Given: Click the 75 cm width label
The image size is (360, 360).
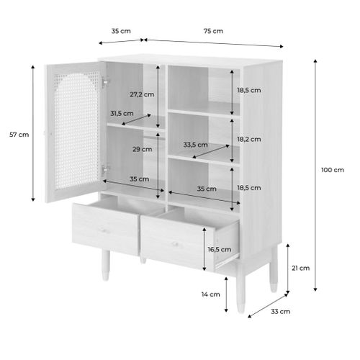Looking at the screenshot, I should [213, 31].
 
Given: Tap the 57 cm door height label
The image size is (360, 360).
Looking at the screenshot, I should [19, 135].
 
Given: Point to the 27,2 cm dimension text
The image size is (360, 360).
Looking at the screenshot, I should [142, 94].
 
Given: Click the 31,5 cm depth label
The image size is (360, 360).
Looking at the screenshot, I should [122, 113].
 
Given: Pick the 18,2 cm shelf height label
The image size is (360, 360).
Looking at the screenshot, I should [250, 139].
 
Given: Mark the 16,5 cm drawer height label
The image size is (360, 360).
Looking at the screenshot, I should [220, 249].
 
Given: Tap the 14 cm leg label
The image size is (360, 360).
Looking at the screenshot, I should [210, 294].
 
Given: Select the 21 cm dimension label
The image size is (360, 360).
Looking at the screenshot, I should [301, 268].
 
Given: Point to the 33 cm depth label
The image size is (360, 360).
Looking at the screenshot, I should [281, 312].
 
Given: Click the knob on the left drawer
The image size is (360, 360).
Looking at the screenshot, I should [102, 231].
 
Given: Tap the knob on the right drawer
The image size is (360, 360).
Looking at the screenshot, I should [174, 243].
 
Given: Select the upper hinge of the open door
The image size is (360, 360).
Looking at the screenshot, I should [105, 84].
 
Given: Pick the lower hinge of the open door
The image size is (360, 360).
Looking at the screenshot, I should [105, 169].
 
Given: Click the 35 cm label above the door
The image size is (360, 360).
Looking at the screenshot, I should [120, 31].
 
